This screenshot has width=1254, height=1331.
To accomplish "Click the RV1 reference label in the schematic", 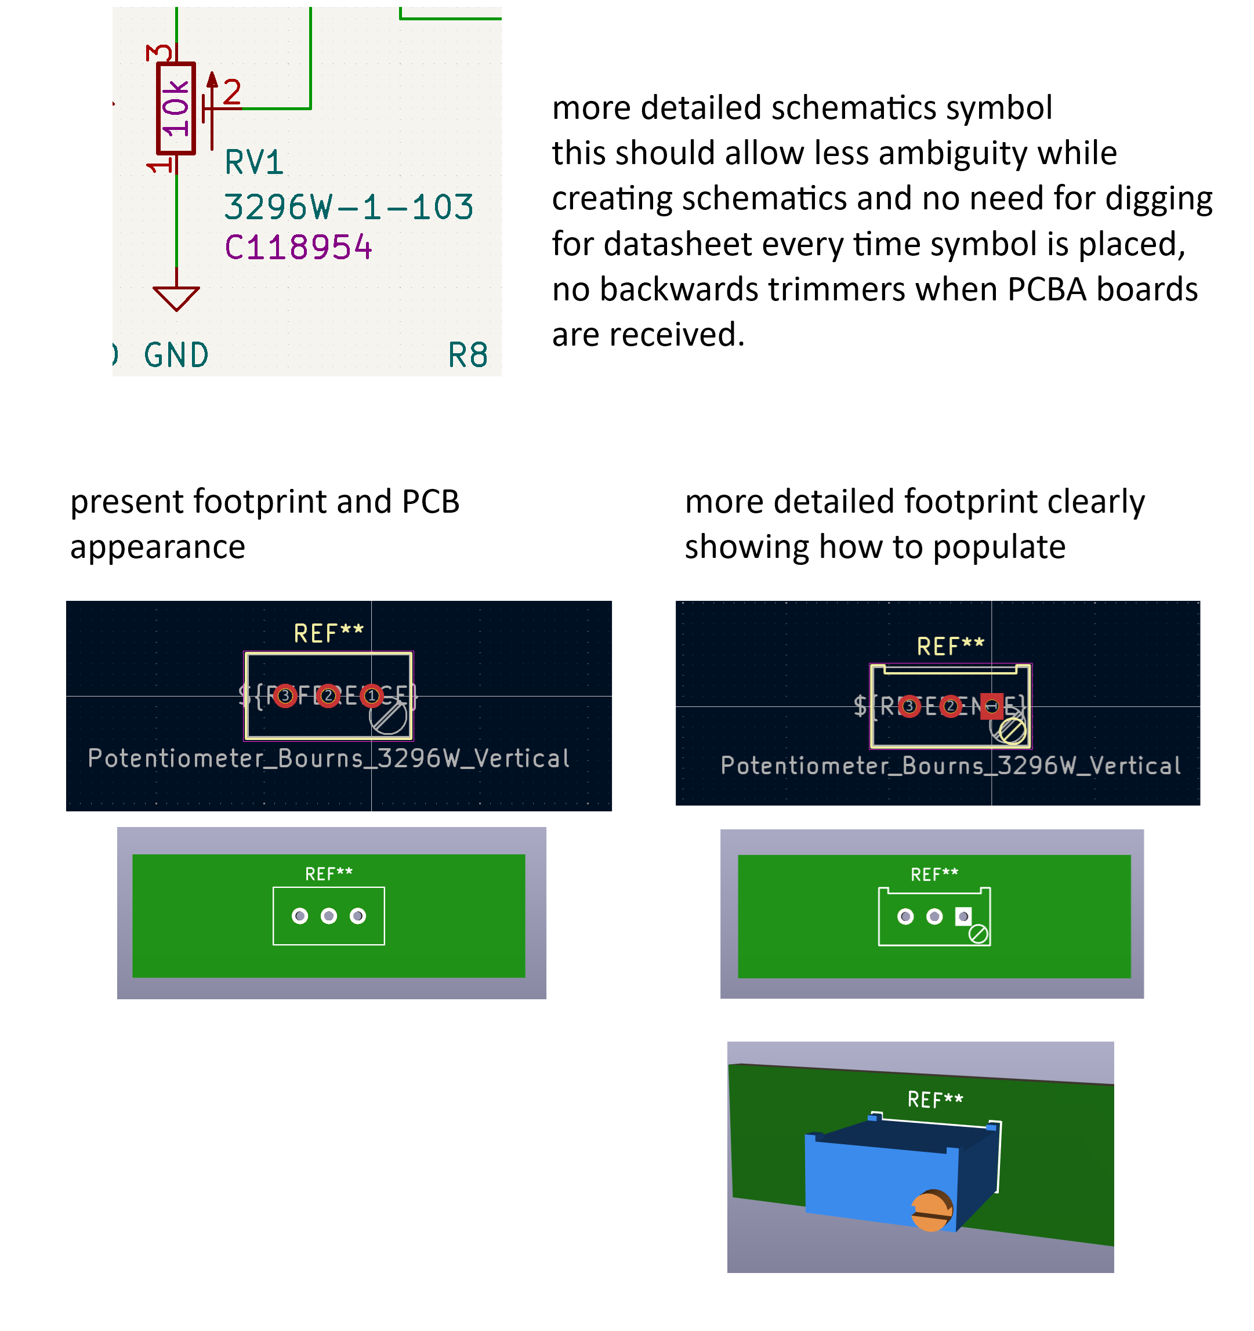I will tap(253, 163).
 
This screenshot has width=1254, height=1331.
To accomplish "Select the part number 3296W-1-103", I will tap(348, 207).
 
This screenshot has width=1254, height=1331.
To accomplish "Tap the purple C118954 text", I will tap(298, 248).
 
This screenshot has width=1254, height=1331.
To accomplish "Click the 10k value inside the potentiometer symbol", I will tap(175, 108).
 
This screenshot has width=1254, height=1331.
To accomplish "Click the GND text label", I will tap(176, 355).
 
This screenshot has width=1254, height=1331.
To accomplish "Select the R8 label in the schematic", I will tap(467, 355).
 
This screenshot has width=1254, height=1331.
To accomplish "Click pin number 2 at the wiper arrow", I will tap(231, 92).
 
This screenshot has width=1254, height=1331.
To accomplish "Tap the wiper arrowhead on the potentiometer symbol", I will tap(212, 79).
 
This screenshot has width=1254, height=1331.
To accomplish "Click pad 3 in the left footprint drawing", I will tap(285, 697).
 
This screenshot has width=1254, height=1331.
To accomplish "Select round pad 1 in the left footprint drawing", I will tap(372, 697).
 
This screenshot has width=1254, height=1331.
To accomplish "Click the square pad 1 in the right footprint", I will tap(992, 706).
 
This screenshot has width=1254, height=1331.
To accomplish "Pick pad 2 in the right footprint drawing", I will tap(950, 706).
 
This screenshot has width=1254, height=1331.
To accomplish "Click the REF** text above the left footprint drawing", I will tap(328, 633).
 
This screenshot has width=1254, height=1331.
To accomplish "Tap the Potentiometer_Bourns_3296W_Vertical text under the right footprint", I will tap(951, 766).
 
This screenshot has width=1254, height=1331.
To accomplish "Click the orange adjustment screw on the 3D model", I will tap(932, 1210).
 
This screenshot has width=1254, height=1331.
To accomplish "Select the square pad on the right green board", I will tap(963, 916).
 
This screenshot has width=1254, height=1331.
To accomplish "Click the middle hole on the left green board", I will tap(329, 916).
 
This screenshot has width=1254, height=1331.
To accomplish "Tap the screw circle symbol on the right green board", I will tap(978, 934).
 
